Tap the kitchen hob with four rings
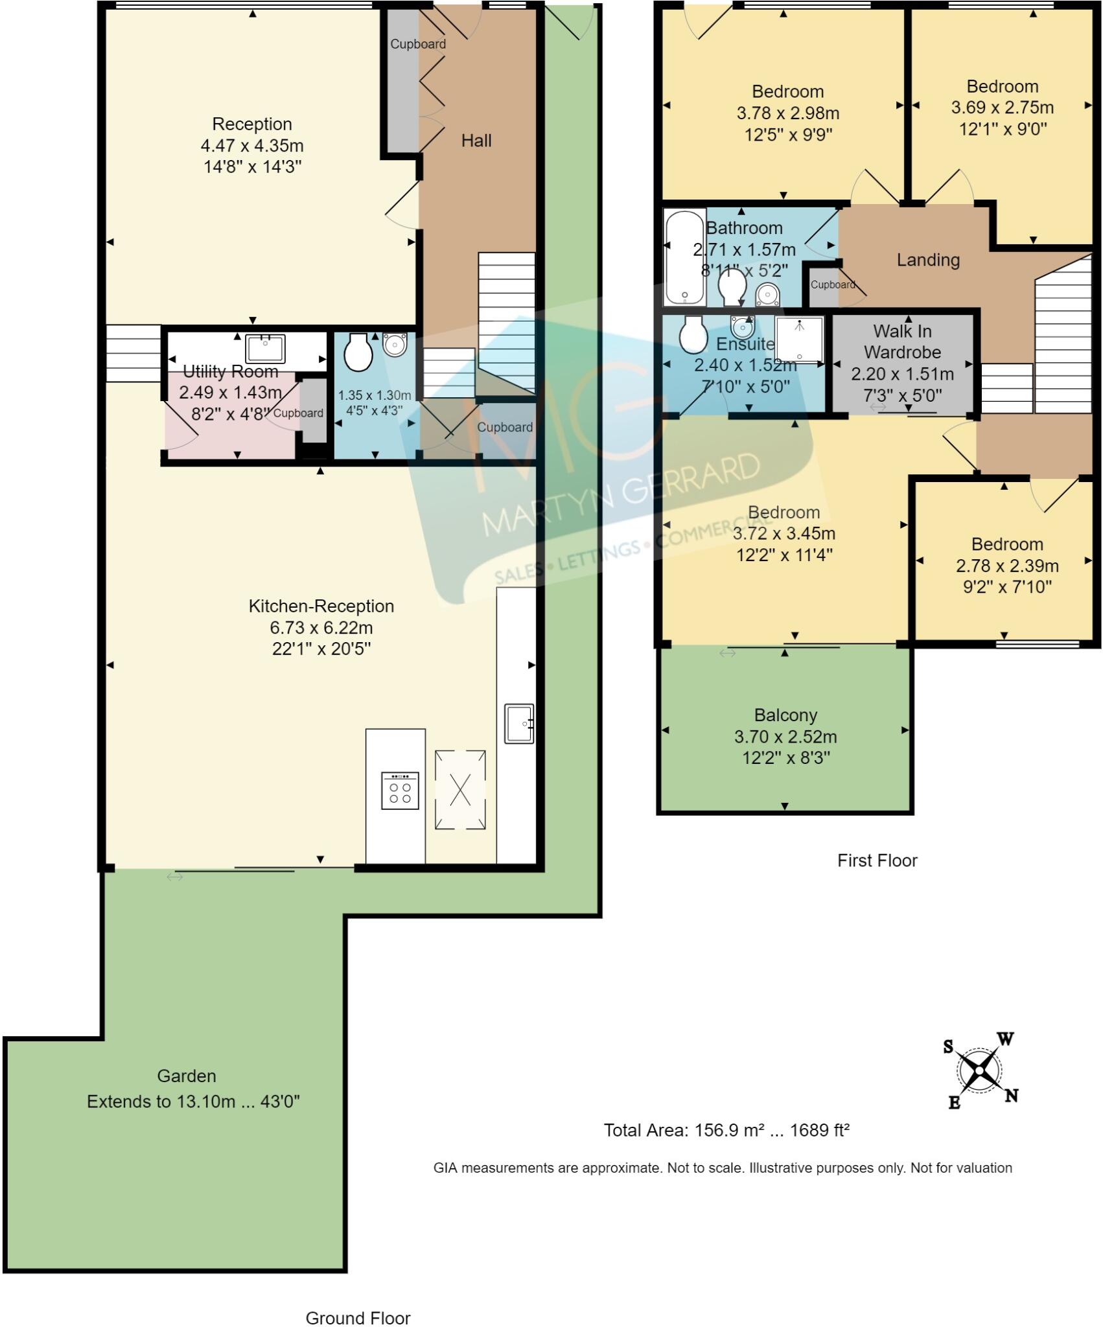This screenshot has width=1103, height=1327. point(400,790)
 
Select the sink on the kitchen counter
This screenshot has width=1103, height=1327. point(519,723)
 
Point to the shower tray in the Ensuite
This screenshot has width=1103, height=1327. point(799,339)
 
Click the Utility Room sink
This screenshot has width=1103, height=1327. point(265,348)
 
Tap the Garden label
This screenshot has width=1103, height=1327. point(187,1076)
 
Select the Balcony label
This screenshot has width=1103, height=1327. point(785,715)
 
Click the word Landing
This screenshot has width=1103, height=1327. point(928,260)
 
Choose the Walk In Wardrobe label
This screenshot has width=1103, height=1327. point(902,341)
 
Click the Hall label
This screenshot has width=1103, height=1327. point(476,141)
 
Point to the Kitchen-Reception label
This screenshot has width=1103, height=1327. point(321,606)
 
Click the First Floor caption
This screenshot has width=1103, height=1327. point(877,860)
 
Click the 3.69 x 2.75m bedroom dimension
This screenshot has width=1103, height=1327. point(1003,108)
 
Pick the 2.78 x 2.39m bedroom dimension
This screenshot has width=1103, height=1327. point(1007,566)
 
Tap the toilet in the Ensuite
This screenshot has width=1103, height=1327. point(693,334)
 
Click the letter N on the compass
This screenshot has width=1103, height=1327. point(1011,1096)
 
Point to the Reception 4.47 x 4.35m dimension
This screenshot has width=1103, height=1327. point(252,146)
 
